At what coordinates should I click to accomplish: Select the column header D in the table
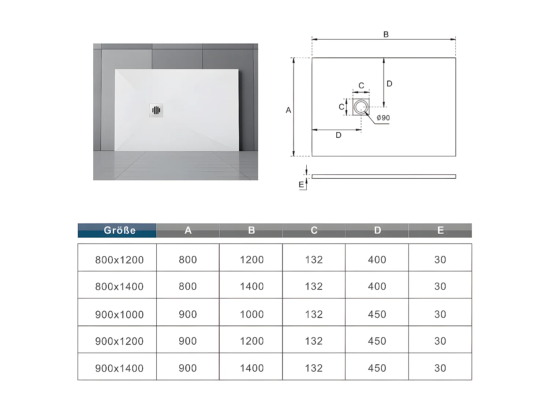pyautogui.click(x=377, y=230)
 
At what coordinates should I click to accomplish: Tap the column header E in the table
pyautogui.click(x=440, y=230)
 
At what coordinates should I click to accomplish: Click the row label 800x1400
pyautogui.click(x=119, y=286)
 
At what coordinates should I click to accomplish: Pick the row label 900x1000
pyautogui.click(x=119, y=314)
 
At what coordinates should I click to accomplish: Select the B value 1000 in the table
pyautogui.click(x=252, y=314)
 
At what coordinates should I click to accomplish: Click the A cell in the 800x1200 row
pyautogui.click(x=188, y=260)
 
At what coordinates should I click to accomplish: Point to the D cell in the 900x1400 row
pyautogui.click(x=377, y=368)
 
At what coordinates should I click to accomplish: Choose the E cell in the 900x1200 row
pyautogui.click(x=440, y=341)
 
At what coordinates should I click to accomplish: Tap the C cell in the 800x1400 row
pyautogui.click(x=314, y=286)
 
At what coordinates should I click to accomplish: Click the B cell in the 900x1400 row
pyautogui.click(x=252, y=368)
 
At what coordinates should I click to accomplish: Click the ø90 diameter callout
pyautogui.click(x=383, y=118)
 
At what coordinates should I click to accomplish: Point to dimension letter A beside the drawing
pyautogui.click(x=288, y=110)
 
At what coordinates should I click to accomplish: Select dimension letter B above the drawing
pyautogui.click(x=386, y=34)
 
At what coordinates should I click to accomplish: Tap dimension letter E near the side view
pyautogui.click(x=301, y=185)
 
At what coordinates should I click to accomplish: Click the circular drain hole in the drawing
pyautogui.click(x=361, y=107)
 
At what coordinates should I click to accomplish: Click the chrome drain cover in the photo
pyautogui.click(x=156, y=110)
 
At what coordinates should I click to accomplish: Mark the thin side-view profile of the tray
pyautogui.click(x=384, y=177)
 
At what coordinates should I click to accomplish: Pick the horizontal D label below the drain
pyautogui.click(x=339, y=136)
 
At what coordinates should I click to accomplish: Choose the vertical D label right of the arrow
pyautogui.click(x=389, y=84)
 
